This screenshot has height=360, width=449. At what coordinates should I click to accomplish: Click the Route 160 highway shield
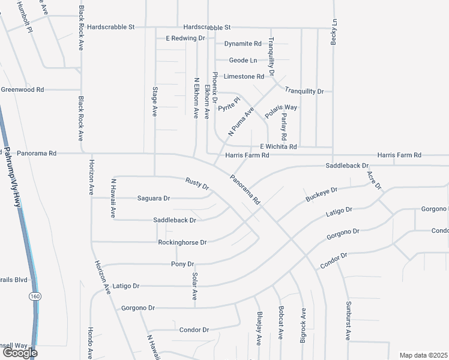(x=35, y=296)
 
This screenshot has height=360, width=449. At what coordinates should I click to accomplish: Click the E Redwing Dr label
(x=185, y=38)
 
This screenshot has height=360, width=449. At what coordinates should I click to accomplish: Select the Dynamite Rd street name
(x=243, y=44)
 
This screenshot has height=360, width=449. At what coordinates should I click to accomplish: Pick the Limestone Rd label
(x=244, y=77)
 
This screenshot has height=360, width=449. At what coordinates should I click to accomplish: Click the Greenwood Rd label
(x=22, y=89)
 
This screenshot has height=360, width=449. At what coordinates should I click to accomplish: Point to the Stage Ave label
(x=155, y=101)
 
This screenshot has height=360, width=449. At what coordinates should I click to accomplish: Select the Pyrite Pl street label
(x=229, y=104)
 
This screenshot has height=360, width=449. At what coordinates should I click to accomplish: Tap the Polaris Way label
(x=282, y=111)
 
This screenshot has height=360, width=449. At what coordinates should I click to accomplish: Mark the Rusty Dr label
(x=197, y=185)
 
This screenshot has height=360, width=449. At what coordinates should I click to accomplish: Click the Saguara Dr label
(x=154, y=198)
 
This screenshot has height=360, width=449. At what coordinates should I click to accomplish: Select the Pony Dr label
(x=182, y=264)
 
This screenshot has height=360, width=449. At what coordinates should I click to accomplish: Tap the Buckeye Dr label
(x=322, y=194)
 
